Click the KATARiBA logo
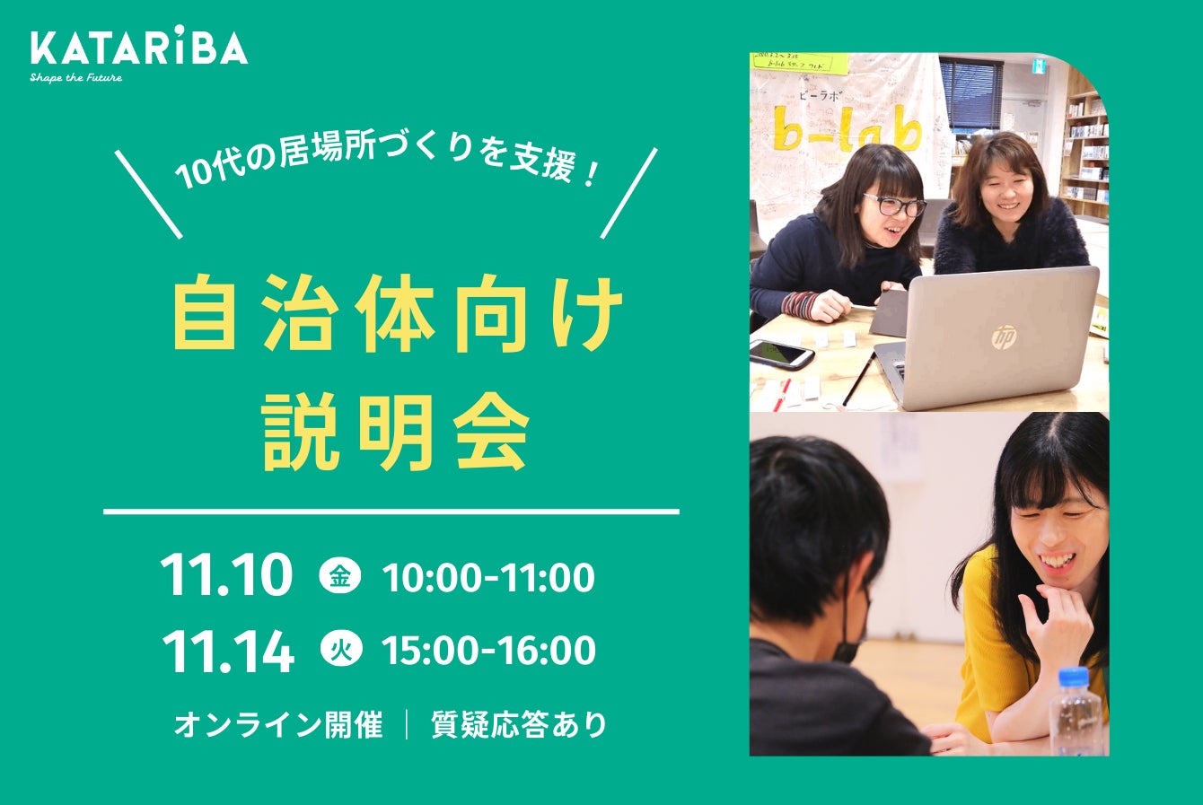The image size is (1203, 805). pyautogui.click(x=139, y=49)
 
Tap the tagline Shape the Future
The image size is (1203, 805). pyautogui.click(x=76, y=78)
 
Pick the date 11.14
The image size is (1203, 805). pyautogui.click(x=228, y=651)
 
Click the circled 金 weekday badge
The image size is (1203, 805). pyautogui.click(x=340, y=576)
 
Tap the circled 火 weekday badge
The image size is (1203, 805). pyautogui.click(x=341, y=651)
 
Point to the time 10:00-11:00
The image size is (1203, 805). pyautogui.click(x=488, y=577)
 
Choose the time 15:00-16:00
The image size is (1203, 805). pyautogui.click(x=488, y=651)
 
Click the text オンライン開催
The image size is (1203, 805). pyautogui.click(x=278, y=725)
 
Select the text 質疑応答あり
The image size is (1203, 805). pyautogui.click(x=519, y=725)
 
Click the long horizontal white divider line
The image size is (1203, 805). pyautogui.click(x=391, y=512)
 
